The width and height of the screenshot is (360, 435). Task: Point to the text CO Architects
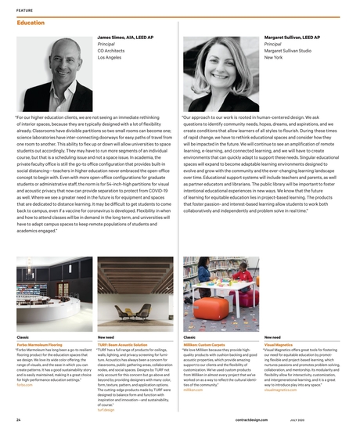click(x=113, y=51)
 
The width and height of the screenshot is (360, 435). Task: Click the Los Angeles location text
click(x=110, y=58)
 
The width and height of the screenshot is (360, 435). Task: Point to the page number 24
click(x=18, y=420)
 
